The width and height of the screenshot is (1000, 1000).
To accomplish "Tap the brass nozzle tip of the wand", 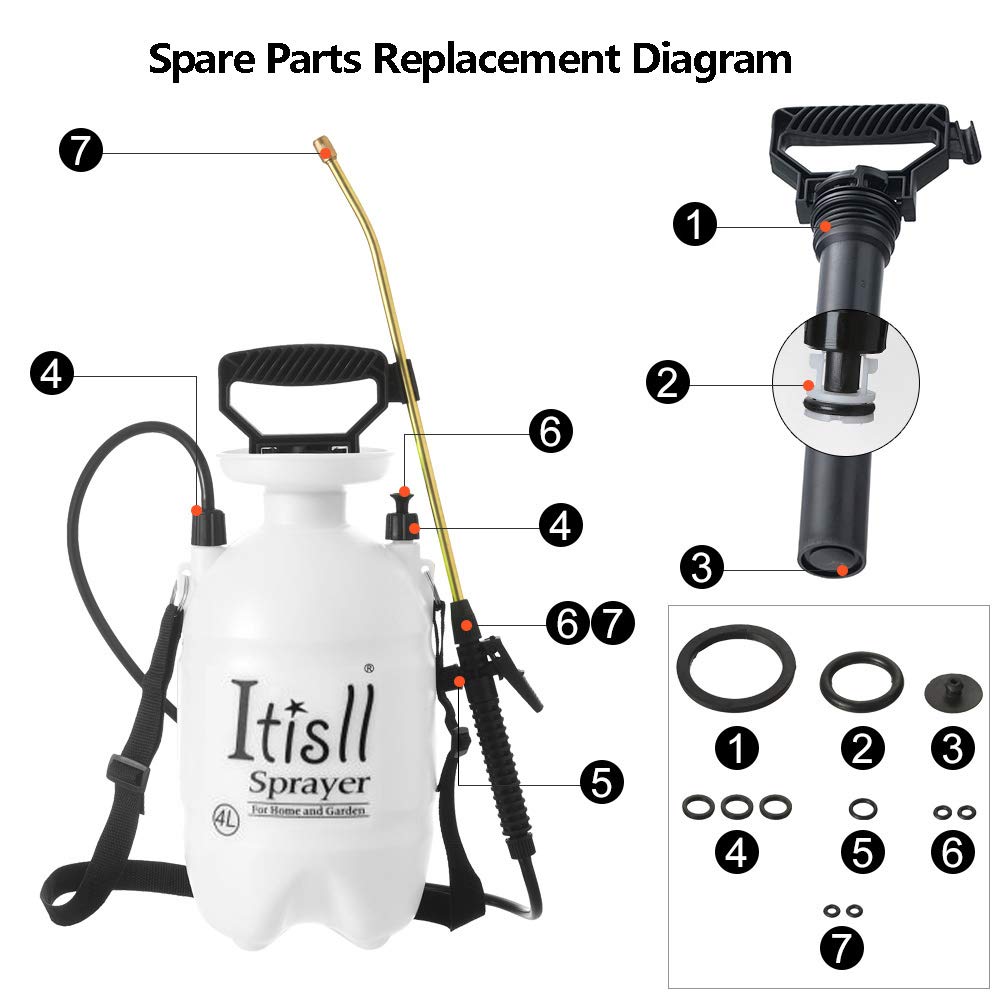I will point(324,146).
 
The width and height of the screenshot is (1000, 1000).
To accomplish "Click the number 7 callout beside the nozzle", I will point(80,152).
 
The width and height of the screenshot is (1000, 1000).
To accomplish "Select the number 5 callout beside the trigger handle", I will point(601,781).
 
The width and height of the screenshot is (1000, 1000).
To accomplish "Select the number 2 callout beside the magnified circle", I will point(666,382).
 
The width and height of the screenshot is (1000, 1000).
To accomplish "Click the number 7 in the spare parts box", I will point(842,945).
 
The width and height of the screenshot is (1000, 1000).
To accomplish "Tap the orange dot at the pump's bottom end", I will point(843,571).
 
